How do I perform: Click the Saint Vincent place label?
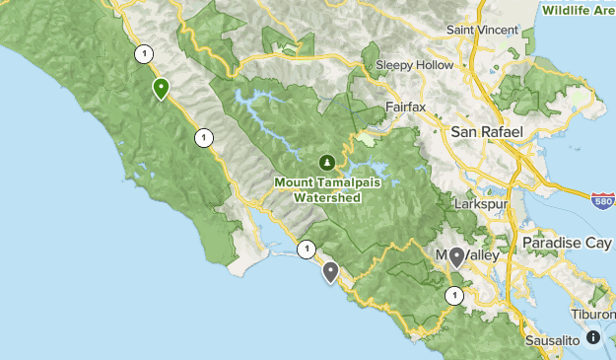482,30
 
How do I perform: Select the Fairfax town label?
406,104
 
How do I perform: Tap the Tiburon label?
592,315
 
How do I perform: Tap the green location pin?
160,89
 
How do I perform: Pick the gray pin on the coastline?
330,270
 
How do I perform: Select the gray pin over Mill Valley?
456,257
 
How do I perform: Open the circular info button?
592,337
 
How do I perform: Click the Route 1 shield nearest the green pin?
145,54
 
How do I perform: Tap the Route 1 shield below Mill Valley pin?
453,295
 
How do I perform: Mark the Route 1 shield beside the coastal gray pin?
307,249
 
